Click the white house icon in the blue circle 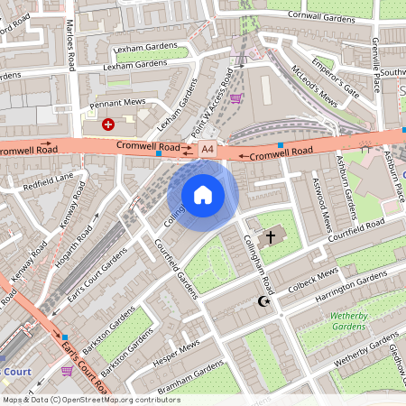point(203,194)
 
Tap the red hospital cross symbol point(108,122)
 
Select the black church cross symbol point(271,236)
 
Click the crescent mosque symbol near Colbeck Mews point(264,301)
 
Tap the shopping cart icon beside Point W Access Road point(235,98)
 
